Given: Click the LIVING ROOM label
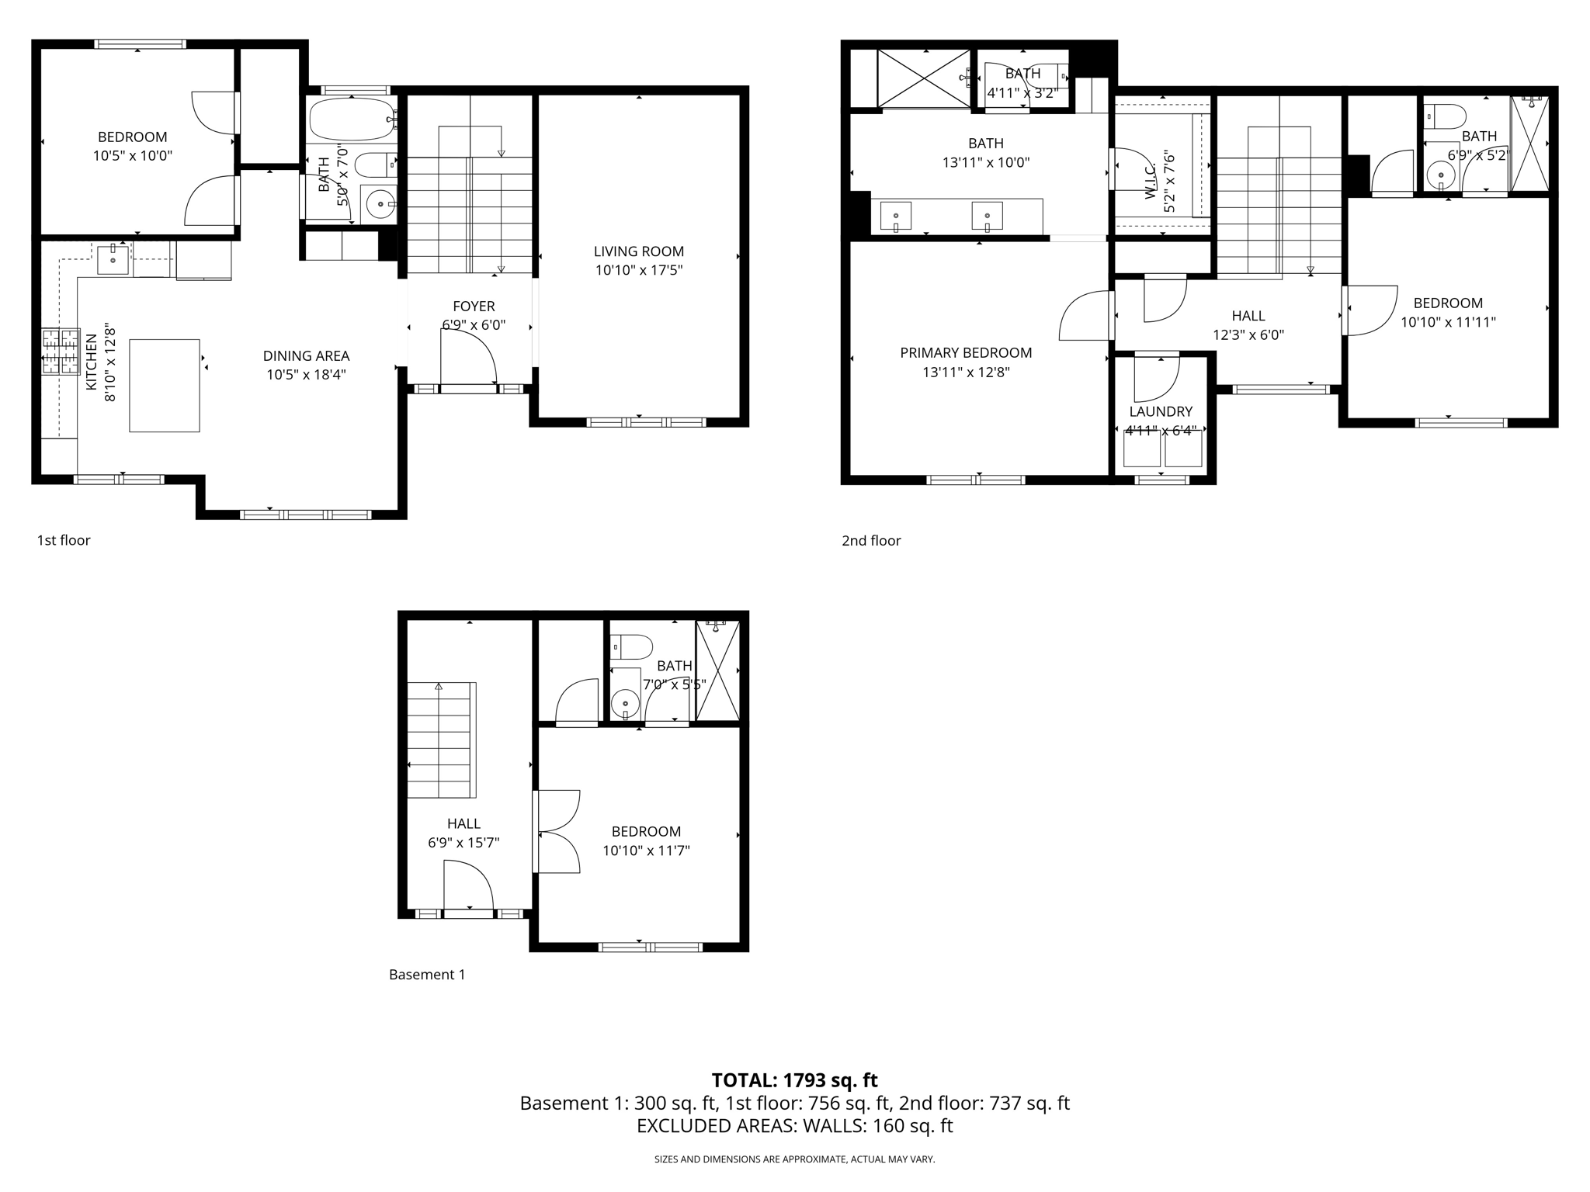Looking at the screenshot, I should [638, 251].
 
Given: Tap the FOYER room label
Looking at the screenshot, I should [474, 307].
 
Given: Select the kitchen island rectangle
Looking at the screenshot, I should [164, 385].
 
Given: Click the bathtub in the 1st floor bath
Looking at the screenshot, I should [351, 120].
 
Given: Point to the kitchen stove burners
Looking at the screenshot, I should [61, 352].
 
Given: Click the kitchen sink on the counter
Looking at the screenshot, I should [113, 259].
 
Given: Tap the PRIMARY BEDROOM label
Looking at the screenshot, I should [966, 353].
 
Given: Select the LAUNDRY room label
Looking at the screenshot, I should [1161, 412].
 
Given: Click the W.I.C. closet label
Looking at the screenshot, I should [1151, 181].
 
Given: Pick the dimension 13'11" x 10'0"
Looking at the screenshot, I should [986, 163].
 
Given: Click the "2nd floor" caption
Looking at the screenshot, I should [871, 541].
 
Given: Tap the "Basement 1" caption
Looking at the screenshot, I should [427, 975].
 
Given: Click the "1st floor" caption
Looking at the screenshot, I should [64, 540].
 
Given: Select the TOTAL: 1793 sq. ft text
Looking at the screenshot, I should [794, 1080].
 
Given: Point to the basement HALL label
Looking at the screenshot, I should [463, 823].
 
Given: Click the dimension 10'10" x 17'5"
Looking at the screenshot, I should [638, 271].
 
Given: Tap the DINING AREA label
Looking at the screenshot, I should [306, 356].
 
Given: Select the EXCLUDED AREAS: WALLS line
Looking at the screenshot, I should [794, 1126].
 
